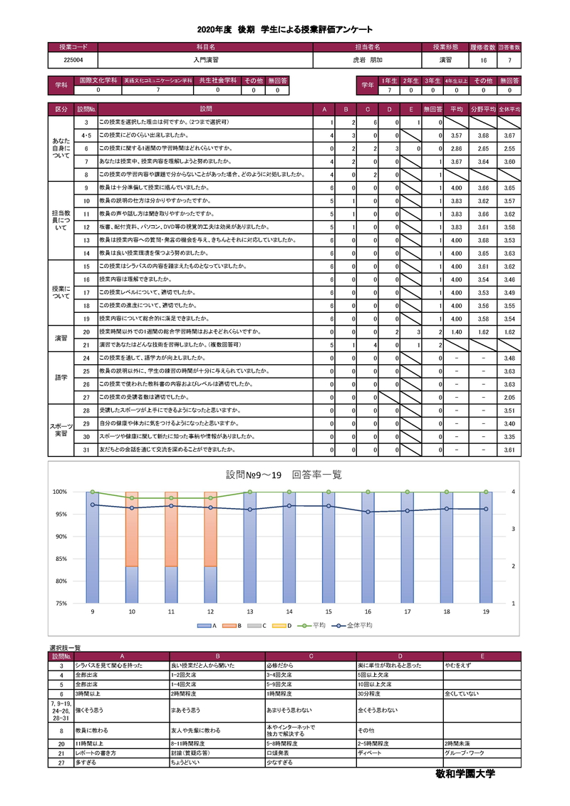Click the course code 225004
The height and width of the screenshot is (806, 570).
pyautogui.click(x=72, y=61)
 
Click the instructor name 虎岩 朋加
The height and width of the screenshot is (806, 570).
pyautogui.click(x=368, y=61)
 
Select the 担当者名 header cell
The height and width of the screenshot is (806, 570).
pyautogui.click(x=368, y=47)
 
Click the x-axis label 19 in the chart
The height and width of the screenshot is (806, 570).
pyautogui.click(x=486, y=611)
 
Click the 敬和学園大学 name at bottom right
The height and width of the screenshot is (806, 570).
pyautogui.click(x=465, y=773)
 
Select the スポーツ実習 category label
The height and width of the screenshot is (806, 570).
pyautogui.click(x=61, y=430)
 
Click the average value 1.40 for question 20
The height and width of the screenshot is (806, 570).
pyautogui.click(x=457, y=332)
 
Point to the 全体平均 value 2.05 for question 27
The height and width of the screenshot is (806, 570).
pyautogui.click(x=509, y=397)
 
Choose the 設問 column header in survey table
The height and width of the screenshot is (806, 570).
pyautogui.click(x=205, y=110)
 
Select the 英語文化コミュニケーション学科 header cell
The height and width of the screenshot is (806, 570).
pyautogui.click(x=158, y=81)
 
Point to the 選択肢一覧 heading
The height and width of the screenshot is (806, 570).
pyautogui.click(x=65, y=648)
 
